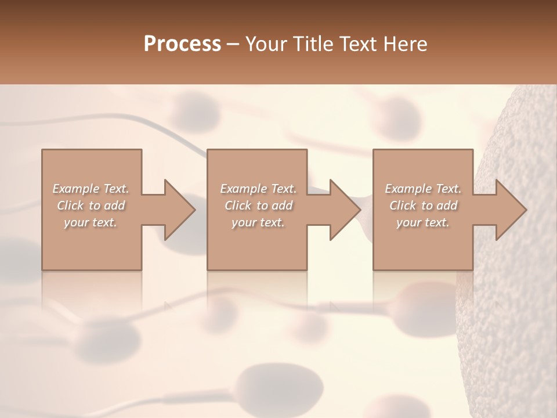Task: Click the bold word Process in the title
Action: pos(182,44)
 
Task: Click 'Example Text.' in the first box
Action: pos(91,189)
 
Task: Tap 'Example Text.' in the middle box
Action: pos(258,189)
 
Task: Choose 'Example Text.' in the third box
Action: pos(423,189)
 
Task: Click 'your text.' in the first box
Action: pos(91,222)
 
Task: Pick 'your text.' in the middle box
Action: pos(258,222)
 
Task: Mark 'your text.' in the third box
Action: pos(423,222)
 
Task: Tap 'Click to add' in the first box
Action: pos(91,206)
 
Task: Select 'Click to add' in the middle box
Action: pos(258,206)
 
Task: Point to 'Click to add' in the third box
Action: pos(423,206)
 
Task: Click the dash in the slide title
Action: pos(233,45)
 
